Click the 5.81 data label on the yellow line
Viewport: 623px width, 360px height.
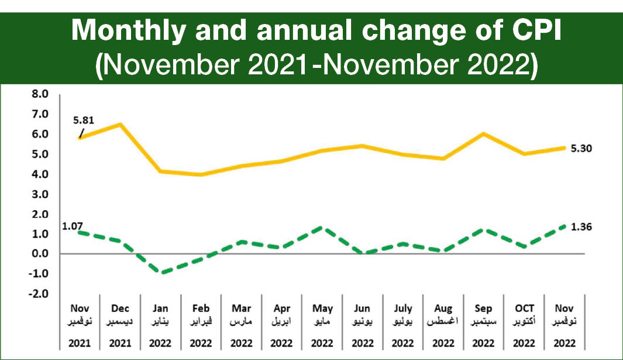(x=84, y=121)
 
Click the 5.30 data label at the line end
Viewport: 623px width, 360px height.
(x=580, y=148)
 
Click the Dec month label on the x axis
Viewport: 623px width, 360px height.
(x=119, y=308)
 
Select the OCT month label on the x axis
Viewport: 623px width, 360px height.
(x=525, y=308)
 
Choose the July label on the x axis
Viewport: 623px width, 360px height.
(x=403, y=308)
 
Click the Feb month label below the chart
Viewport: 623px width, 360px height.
(x=201, y=308)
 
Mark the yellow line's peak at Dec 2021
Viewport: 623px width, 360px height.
(x=119, y=124)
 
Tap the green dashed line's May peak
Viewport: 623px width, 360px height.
(x=322, y=227)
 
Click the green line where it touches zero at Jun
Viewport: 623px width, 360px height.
(x=363, y=253)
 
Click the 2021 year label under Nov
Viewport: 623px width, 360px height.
(x=79, y=342)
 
